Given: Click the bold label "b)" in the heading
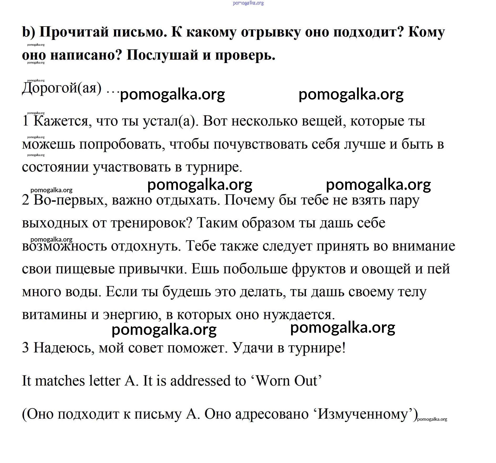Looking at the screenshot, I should pos(28,32).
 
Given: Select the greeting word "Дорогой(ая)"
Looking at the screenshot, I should pos(62,89).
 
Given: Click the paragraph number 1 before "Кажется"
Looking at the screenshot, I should pos(25,121).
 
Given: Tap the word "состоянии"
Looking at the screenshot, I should pos(55,167).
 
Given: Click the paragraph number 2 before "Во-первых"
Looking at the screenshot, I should pos(25,200).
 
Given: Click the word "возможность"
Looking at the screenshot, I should pos(64,246).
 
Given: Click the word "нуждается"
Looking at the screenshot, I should pos(299,315).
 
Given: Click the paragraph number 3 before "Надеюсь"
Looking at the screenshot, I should pos(25,347).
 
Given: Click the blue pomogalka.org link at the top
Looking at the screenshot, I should pos(248,3).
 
